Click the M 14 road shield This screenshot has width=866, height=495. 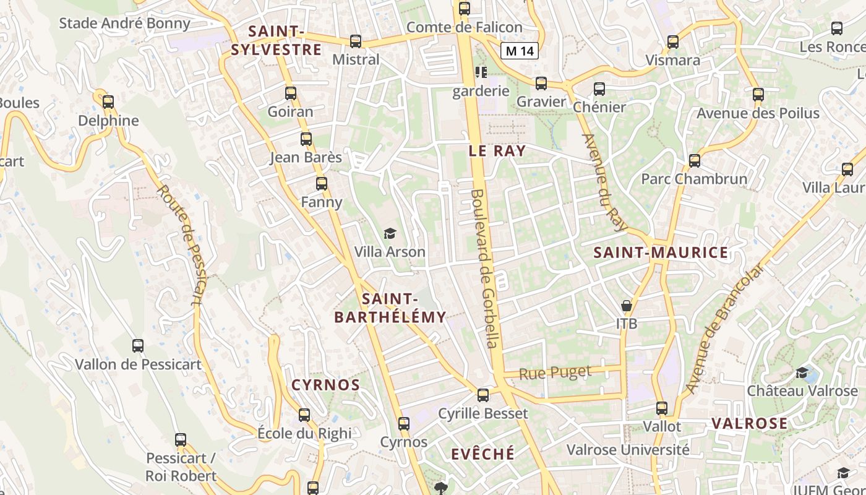click(519, 51)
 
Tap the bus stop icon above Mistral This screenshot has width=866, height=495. click(356, 41)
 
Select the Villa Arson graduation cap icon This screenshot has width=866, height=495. click(390, 233)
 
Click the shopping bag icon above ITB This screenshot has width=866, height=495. click(627, 306)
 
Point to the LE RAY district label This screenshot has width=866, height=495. click(497, 151)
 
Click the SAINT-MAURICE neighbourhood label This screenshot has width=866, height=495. click(661, 252)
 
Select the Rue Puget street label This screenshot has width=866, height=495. click(555, 373)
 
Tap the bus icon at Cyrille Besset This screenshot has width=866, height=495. click(483, 395)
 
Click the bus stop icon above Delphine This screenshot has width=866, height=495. click(108, 102)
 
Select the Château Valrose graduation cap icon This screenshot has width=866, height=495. click(802, 372)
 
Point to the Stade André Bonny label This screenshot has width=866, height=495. click(124, 24)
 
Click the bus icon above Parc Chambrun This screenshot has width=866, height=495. click(695, 161)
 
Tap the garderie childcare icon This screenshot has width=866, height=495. click(481, 72)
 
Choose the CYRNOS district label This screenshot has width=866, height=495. click(325, 385)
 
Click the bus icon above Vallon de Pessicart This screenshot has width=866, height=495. click(138, 346)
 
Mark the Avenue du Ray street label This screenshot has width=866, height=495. click(604, 183)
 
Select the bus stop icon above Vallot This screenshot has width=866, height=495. click(662, 408)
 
